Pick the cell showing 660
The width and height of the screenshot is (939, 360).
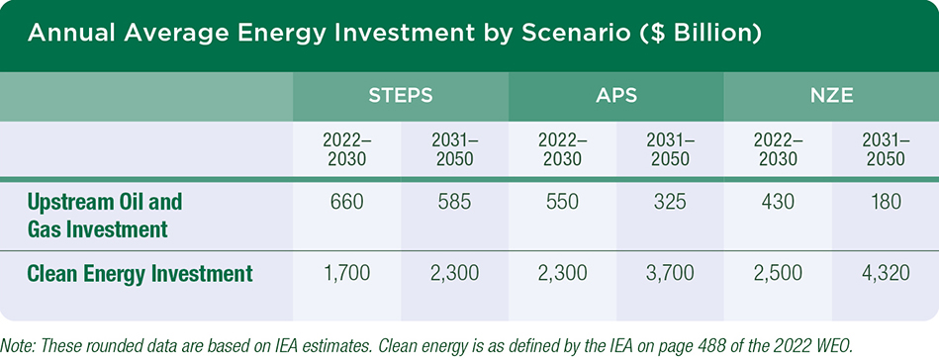[346, 203]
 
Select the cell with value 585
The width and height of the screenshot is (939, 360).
[454, 203]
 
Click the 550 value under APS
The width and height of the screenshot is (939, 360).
[562, 203]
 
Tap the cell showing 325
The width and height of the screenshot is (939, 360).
[670, 203]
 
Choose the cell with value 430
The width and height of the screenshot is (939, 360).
[778, 203]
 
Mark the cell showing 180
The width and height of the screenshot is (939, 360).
[886, 203]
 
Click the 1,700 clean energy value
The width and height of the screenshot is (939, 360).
[346, 272]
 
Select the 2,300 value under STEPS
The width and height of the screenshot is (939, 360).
[454, 272]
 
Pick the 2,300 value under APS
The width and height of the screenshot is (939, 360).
[562, 272]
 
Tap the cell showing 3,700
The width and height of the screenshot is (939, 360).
[670, 272]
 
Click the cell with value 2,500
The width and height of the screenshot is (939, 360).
[778, 272]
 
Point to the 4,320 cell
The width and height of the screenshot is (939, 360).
[886, 272]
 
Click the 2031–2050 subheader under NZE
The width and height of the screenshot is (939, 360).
[886, 149]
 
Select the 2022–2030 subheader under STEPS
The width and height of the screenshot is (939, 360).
[346, 149]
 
